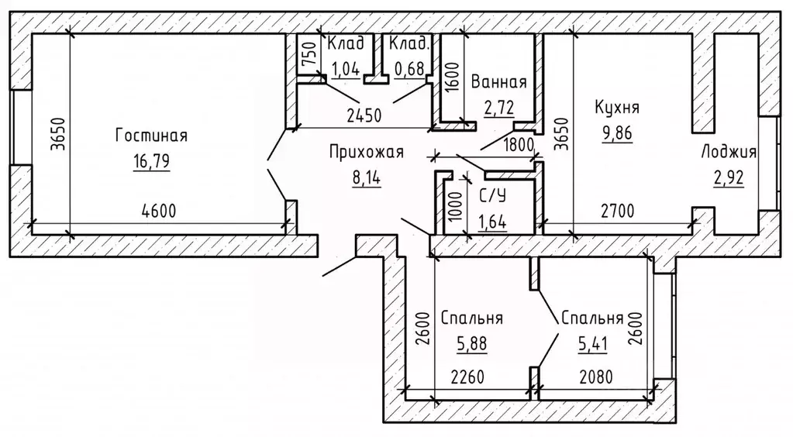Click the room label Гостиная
(151, 136)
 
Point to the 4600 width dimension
(159, 210)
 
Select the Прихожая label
(366, 152)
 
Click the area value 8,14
(366, 179)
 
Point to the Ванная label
(498, 83)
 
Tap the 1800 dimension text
(519, 143)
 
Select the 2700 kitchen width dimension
(619, 210)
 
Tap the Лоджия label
(729, 152)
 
